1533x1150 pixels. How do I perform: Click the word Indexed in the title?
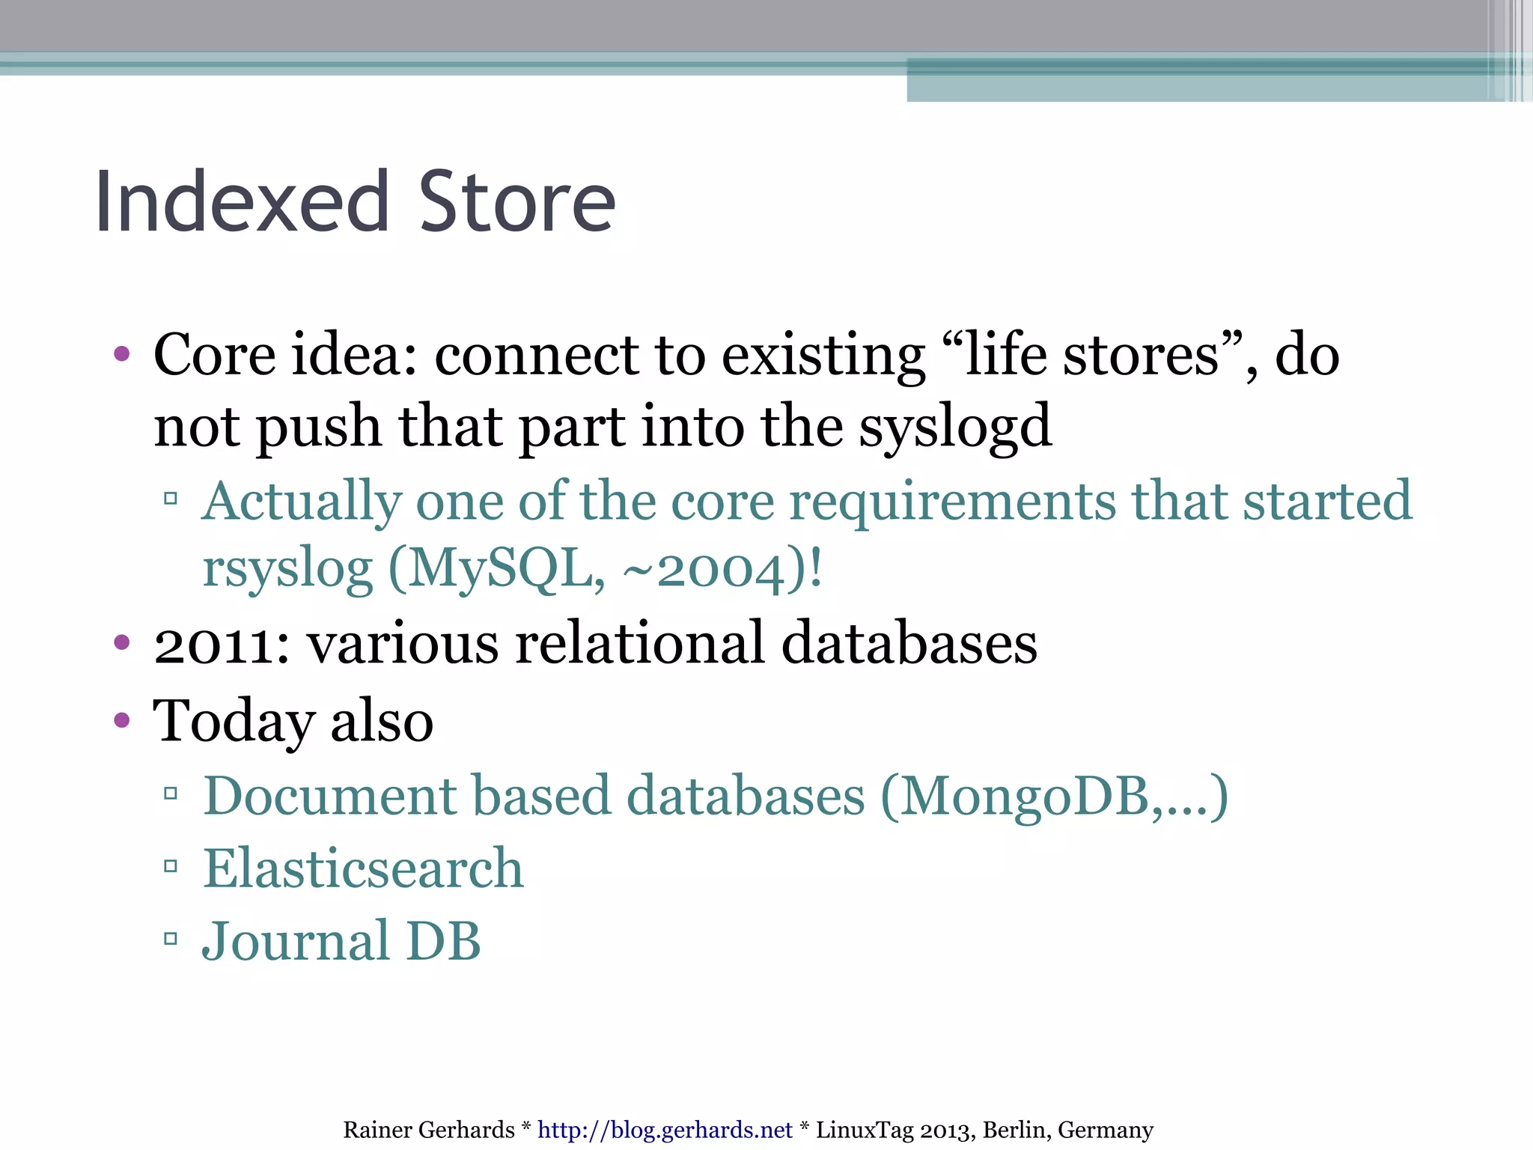[x=242, y=202]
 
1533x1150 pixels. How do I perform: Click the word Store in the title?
[x=516, y=202]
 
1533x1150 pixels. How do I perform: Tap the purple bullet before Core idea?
[x=122, y=353]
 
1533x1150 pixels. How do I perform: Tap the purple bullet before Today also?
[x=122, y=720]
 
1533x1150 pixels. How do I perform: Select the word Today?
[x=233, y=721]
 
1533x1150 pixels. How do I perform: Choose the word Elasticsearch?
[x=363, y=868]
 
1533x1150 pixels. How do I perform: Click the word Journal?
[x=296, y=941]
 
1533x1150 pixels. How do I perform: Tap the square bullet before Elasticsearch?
[x=171, y=866]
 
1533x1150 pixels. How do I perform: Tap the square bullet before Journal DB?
[x=171, y=938]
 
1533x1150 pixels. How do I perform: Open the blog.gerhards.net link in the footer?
[x=665, y=1129]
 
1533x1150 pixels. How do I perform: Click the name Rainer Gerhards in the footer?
[x=428, y=1129]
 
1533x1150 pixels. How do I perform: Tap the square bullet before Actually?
[x=171, y=498]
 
